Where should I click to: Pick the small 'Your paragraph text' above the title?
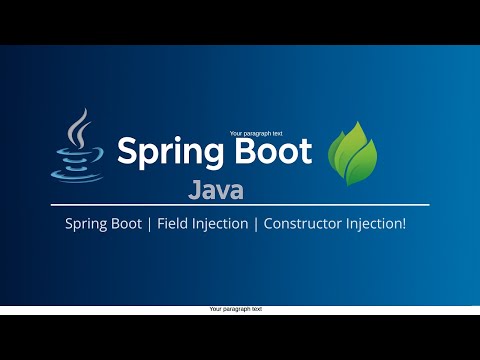point(256,133)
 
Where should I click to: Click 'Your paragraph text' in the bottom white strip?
point(236,310)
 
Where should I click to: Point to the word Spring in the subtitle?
point(85,223)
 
